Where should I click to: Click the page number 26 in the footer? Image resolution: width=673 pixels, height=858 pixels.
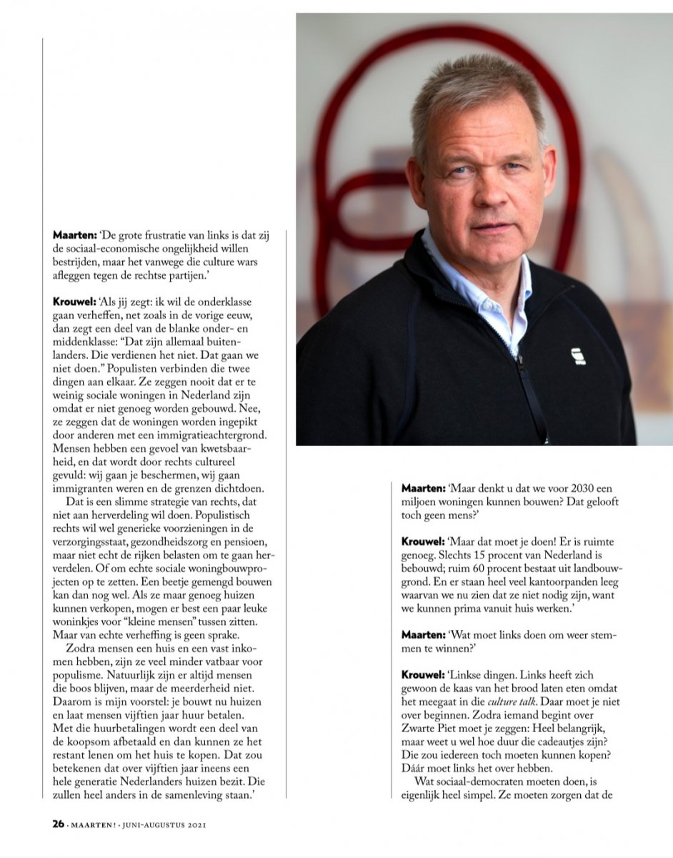click(58, 824)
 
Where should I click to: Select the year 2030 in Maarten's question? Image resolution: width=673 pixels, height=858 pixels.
click(577, 488)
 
